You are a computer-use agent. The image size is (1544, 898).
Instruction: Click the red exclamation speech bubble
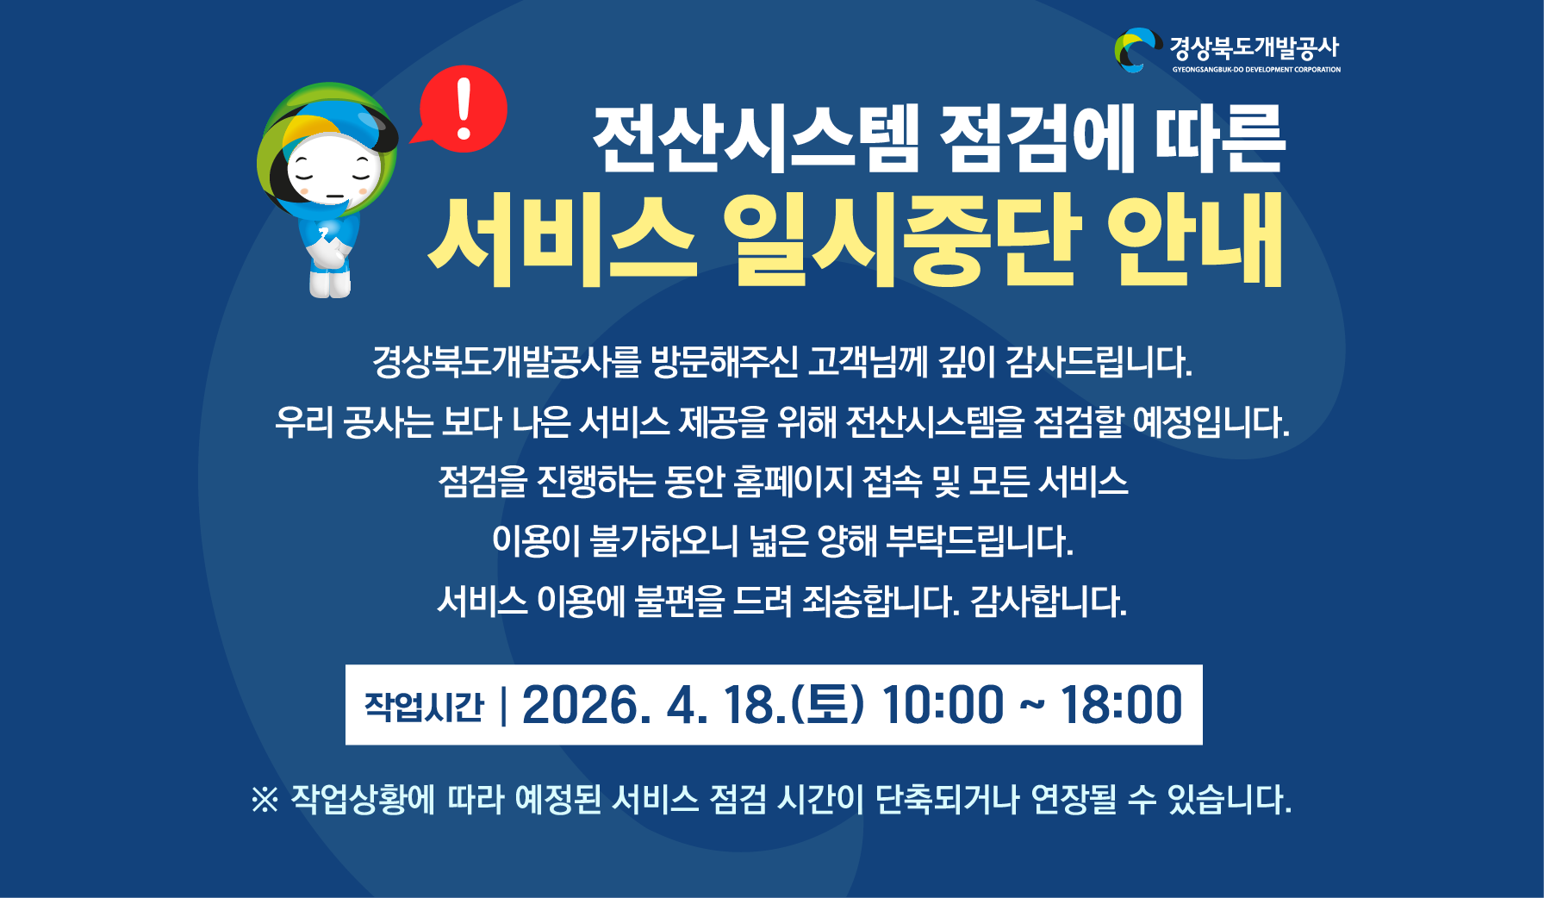point(463,109)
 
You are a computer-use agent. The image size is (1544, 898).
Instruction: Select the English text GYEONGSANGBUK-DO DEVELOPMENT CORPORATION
point(1255,70)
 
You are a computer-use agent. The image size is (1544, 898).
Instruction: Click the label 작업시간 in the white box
point(424,707)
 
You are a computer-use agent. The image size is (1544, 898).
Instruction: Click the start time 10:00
point(943,705)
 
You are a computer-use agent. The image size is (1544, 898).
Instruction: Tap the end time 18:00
point(1121,705)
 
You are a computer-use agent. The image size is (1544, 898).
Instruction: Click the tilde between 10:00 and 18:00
point(1032,705)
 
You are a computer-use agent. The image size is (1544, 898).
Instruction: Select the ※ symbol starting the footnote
point(265,800)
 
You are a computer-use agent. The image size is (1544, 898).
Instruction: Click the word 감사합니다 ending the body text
point(1048,602)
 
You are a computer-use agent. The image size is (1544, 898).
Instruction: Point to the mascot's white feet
point(330,285)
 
